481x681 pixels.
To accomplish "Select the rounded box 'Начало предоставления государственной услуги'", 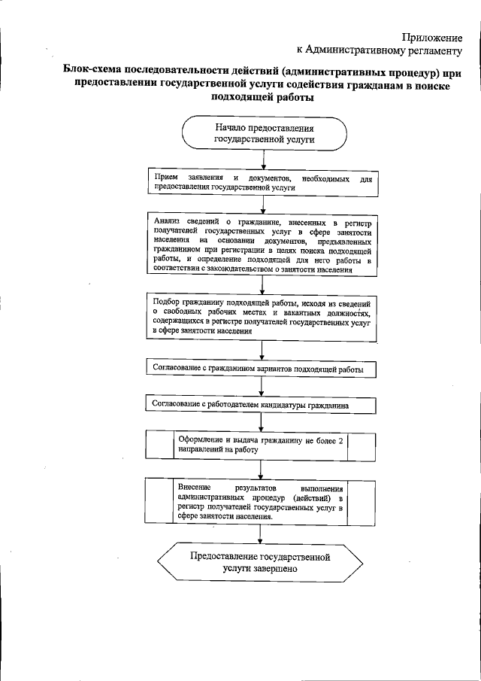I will pyautogui.click(x=263, y=133).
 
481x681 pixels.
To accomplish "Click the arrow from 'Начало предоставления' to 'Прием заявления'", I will pyautogui.click(x=262, y=160).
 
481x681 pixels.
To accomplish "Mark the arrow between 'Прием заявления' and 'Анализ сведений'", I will pyautogui.click(x=262, y=205).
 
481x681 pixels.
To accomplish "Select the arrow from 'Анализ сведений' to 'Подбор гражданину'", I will pyautogui.click(x=262, y=284).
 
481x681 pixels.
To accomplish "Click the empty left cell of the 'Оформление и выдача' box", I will pyautogui.click(x=159, y=443).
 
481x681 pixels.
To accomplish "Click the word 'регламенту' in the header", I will pyautogui.click(x=430, y=50).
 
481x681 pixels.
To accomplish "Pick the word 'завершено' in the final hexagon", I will pyautogui.click(x=276, y=569).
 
